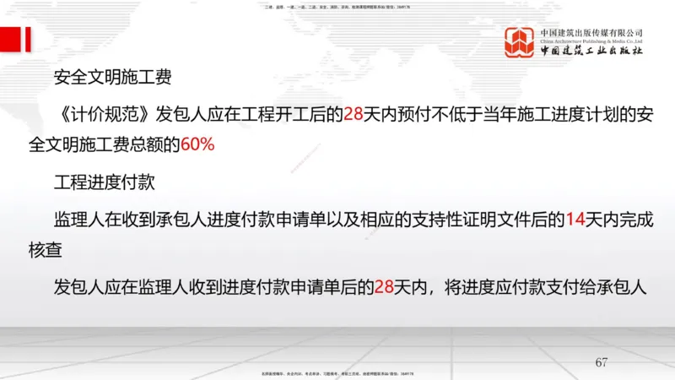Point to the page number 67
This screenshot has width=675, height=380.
[601, 363]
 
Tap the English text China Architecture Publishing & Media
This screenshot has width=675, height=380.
[591, 41]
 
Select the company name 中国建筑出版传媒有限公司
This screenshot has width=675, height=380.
[591, 32]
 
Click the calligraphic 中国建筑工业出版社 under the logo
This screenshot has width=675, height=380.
[591, 52]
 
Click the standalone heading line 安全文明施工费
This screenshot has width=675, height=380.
[112, 79]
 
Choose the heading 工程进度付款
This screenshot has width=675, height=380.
[112, 182]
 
